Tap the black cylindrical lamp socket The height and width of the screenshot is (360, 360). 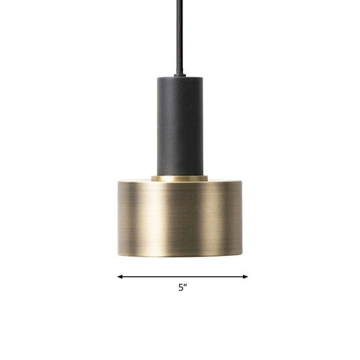tap(180, 125)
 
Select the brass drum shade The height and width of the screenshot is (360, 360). tap(180, 216)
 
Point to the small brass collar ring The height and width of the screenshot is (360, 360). tap(180, 179)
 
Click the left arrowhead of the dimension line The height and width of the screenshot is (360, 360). tap(120, 276)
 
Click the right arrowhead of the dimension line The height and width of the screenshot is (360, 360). tap(246, 276)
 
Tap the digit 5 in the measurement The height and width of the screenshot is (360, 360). tap(180, 288)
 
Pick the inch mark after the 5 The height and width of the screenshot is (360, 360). tap(186, 286)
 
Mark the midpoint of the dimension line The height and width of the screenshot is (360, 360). tap(182, 276)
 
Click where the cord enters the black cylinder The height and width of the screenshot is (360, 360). tap(180, 76)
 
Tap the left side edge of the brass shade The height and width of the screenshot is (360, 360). tap(118, 216)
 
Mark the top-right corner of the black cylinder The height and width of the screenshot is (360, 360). tap(201, 77)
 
